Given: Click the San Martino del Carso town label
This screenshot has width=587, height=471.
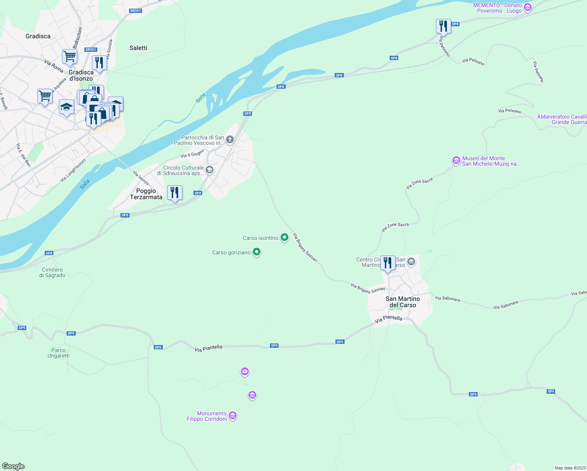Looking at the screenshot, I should click(403, 302).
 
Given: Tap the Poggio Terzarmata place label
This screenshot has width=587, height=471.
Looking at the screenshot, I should click(146, 194).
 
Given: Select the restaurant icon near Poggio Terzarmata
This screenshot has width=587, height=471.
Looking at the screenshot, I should click(175, 193).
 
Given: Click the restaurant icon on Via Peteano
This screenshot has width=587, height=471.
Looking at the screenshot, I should click(443, 26).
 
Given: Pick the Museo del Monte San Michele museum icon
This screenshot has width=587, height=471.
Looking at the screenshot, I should click(456, 161).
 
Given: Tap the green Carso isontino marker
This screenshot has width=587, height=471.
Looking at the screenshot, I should click(284, 237).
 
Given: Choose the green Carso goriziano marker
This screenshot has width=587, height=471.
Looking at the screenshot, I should click(257, 252).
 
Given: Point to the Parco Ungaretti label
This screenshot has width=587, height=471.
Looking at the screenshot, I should click(58, 353).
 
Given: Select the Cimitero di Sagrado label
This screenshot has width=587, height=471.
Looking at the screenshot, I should click(52, 272).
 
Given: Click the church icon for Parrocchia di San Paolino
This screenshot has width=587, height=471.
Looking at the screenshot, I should click(230, 140).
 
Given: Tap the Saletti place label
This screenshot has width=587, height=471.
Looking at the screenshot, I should click(139, 48).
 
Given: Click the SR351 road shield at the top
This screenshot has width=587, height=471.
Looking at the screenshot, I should click(135, 11).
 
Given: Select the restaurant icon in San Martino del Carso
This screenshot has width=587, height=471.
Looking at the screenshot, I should click(388, 263).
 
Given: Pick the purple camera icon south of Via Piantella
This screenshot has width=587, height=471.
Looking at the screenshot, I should click(245, 371).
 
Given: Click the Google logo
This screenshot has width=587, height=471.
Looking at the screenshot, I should click(13, 466).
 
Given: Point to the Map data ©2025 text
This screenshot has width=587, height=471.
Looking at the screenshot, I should click(570, 468).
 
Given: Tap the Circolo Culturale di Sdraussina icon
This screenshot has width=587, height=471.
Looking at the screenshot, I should click(210, 170).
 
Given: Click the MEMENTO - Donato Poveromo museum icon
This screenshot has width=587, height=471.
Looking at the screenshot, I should click(528, 7).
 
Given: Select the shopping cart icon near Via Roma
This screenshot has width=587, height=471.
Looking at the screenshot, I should click(69, 56).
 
